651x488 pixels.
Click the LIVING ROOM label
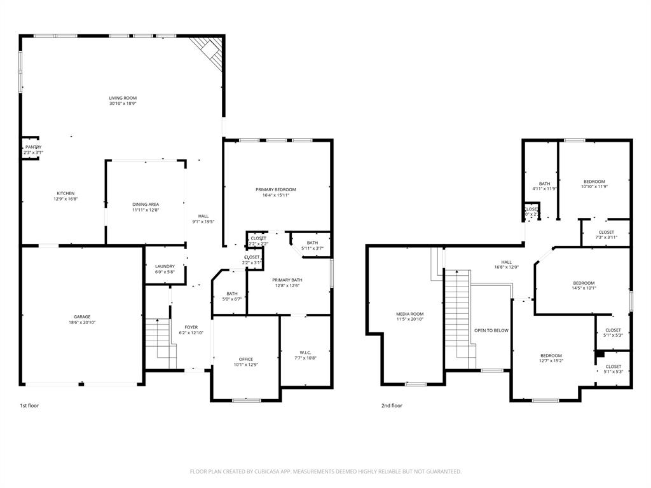[123, 98]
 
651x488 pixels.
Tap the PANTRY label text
[33, 147]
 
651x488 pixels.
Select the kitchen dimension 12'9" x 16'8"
[65, 199]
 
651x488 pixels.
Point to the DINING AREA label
[146, 204]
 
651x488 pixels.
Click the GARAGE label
[82, 316]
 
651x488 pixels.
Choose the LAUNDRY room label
[165, 266]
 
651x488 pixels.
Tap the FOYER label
[191, 327]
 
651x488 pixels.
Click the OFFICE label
[245, 359]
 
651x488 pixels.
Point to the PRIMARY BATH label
[287, 280]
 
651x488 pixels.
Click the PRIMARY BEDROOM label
[276, 189]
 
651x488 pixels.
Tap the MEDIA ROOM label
[410, 314]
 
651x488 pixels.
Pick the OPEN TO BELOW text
[491, 330]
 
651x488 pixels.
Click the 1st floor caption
[29, 405]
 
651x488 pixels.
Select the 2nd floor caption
[392, 405]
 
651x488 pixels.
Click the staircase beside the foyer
[159, 342]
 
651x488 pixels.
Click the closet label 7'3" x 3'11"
[606, 238]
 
